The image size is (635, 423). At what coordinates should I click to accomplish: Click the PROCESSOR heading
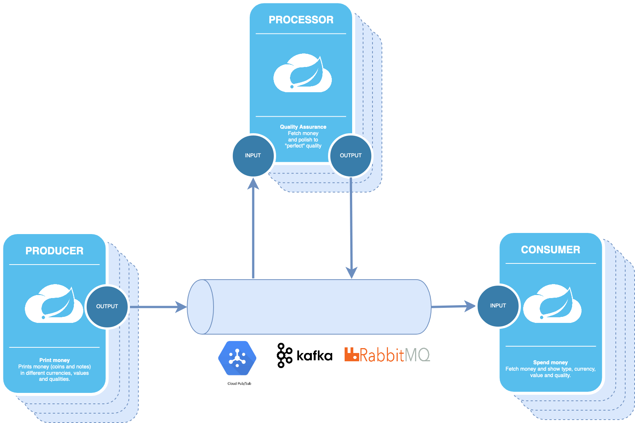(301, 20)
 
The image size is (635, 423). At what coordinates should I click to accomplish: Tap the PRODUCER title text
(55, 251)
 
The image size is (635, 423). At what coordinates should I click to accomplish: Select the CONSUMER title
(550, 250)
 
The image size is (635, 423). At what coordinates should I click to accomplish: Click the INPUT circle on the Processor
(253, 155)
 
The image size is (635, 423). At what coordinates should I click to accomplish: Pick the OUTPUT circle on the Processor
(351, 155)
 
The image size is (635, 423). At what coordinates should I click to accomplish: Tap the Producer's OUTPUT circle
(107, 306)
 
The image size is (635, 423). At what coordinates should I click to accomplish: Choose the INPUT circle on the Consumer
(498, 306)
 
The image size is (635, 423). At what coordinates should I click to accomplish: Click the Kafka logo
(305, 355)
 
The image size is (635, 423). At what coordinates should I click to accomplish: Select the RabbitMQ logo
(387, 355)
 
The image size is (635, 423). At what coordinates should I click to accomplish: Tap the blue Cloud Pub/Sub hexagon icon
(237, 358)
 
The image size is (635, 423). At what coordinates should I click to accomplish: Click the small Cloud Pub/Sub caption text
(239, 383)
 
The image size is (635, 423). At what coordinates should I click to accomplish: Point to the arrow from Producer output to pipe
(158, 307)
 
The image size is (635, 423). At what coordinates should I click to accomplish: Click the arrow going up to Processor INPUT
(253, 230)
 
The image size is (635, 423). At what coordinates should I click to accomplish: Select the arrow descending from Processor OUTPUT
(351, 226)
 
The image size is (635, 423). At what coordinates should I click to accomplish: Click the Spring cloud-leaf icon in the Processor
(302, 73)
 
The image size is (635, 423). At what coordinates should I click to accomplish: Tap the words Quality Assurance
(303, 127)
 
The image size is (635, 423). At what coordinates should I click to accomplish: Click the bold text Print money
(54, 360)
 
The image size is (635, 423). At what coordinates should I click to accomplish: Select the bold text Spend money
(550, 362)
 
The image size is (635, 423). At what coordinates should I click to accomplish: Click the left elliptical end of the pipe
(201, 307)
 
